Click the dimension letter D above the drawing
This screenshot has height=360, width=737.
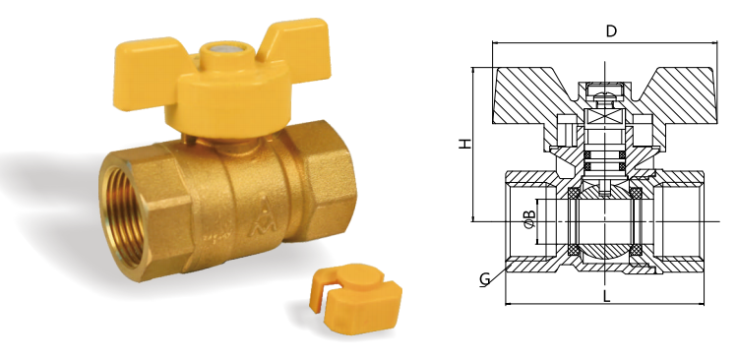(611, 31)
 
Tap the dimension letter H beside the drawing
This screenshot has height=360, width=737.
(464, 144)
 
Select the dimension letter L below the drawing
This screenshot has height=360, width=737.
(607, 296)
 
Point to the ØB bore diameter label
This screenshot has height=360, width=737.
(529, 219)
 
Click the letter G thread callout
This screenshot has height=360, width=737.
(484, 279)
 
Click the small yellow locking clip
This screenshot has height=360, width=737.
(356, 298)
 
